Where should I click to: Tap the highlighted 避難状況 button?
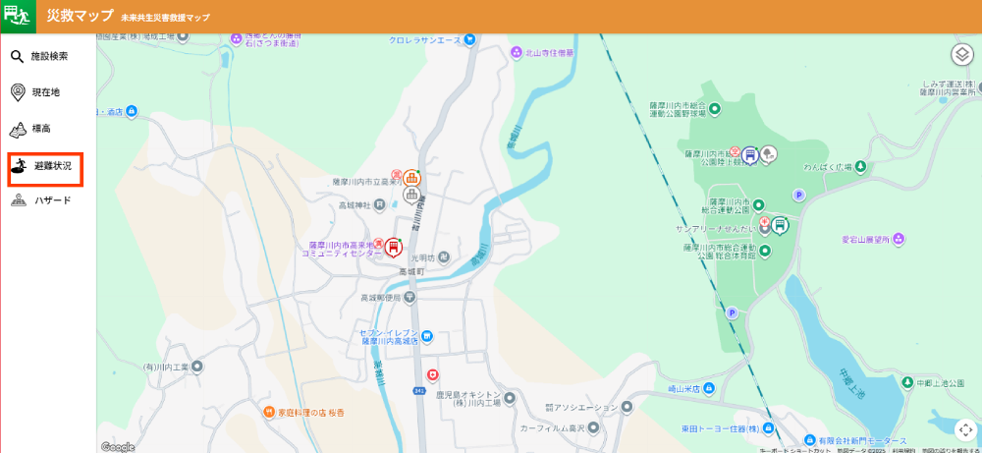click(x=45, y=167)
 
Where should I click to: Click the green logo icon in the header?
click(x=18, y=17)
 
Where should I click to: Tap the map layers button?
click(x=961, y=55)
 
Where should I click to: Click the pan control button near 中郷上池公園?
click(x=965, y=429)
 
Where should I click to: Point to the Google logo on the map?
click(x=118, y=447)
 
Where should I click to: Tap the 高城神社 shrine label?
click(x=355, y=205)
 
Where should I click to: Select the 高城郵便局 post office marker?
click(x=409, y=297)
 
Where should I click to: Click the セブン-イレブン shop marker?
click(x=427, y=337)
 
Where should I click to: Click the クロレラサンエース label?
click(x=424, y=40)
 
